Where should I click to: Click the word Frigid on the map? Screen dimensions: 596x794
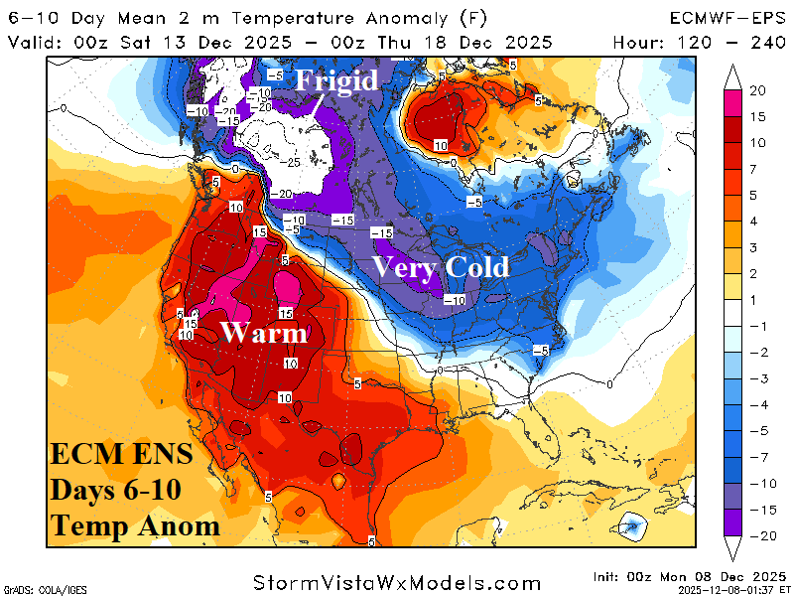pos(338,79)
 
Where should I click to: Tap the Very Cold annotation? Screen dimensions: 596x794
pos(441,266)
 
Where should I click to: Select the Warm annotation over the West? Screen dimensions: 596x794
pos(264,333)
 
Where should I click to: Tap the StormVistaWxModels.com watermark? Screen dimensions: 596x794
pos(397,582)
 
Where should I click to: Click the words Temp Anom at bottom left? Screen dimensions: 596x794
pos(134,525)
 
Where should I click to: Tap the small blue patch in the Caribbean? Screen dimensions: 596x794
pos(631,525)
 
